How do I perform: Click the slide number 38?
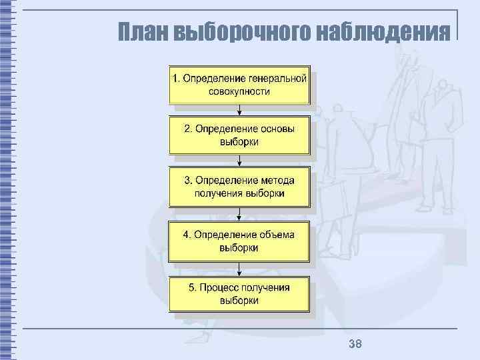[x=355, y=344]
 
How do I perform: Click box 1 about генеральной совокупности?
[x=239, y=85]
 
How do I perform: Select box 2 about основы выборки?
[x=239, y=135]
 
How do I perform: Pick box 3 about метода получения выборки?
[x=239, y=187]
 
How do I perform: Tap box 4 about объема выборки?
[x=239, y=241]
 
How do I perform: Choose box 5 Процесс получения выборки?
[x=239, y=294]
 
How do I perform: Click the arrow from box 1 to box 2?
[x=239, y=111]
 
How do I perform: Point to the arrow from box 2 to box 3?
[x=239, y=161]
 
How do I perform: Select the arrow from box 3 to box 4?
[x=239, y=214]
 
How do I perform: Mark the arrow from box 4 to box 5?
[x=239, y=268]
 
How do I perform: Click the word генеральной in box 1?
[x=278, y=78]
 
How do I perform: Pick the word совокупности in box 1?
[x=239, y=91]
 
